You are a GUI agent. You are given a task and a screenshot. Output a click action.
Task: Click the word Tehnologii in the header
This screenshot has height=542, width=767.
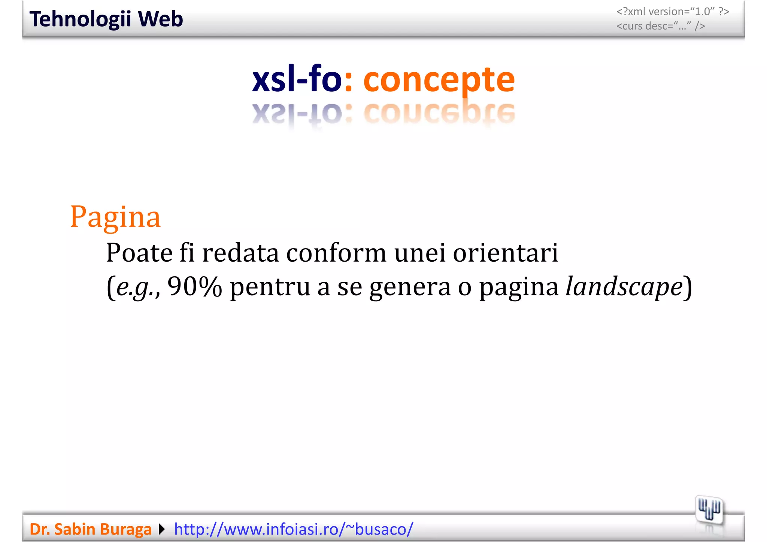click(80, 19)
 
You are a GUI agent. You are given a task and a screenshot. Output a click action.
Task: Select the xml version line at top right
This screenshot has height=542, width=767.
click(673, 12)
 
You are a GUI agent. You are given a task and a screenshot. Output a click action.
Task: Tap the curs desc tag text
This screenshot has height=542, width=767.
click(661, 26)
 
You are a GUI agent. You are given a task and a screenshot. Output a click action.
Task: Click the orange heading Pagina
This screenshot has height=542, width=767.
click(115, 217)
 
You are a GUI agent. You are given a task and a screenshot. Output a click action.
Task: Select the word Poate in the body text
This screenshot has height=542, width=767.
click(139, 253)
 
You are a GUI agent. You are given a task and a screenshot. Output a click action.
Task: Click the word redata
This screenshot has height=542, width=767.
click(240, 253)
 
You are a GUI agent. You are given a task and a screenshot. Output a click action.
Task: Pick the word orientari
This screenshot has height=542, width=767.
click(506, 253)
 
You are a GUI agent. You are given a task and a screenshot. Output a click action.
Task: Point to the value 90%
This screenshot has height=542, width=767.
click(194, 286)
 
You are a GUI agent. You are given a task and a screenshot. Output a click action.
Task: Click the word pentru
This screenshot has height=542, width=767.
click(270, 287)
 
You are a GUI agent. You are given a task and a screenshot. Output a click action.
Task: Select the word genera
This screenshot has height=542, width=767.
click(410, 287)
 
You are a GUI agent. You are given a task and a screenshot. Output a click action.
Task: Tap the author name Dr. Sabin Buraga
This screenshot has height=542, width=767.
click(91, 529)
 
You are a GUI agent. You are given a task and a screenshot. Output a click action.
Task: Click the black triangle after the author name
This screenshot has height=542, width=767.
click(162, 529)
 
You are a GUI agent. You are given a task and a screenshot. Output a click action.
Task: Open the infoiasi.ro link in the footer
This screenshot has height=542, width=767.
click(294, 529)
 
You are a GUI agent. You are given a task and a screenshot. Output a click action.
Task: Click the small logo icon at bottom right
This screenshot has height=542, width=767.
click(709, 509)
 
